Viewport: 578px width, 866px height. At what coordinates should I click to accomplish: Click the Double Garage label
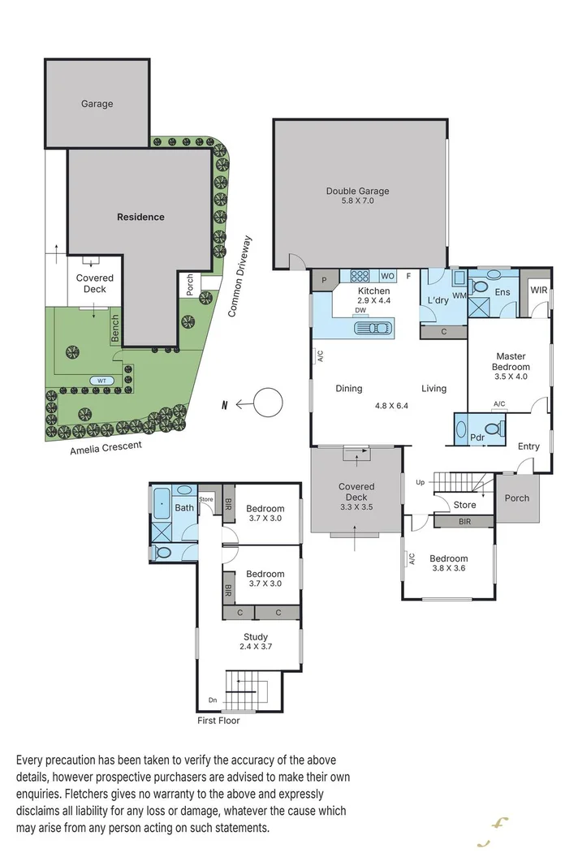pyautogui.click(x=357, y=196)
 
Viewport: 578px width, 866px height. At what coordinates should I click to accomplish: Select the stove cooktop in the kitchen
pyautogui.click(x=360, y=275)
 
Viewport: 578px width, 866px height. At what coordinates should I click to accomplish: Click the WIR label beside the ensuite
pyautogui.click(x=538, y=290)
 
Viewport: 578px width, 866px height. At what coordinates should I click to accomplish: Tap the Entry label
pyautogui.click(x=528, y=446)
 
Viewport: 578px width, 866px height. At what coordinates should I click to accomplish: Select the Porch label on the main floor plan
pyautogui.click(x=516, y=498)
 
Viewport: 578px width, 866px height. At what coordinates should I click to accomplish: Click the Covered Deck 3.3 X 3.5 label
pyautogui.click(x=356, y=492)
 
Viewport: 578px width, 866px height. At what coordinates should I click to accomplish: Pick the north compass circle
pyautogui.click(x=268, y=403)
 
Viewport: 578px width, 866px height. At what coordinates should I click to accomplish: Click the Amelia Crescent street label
pyautogui.click(x=106, y=446)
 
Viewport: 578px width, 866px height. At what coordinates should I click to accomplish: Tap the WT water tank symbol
pyautogui.click(x=102, y=380)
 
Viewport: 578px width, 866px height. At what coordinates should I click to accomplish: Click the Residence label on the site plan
pyautogui.click(x=140, y=217)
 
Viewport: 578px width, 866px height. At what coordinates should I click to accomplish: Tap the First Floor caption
pyautogui.click(x=218, y=720)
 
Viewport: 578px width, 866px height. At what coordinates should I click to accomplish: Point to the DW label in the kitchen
pyautogui.click(x=359, y=310)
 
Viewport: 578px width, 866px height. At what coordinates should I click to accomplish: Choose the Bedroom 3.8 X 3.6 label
pyautogui.click(x=448, y=563)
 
